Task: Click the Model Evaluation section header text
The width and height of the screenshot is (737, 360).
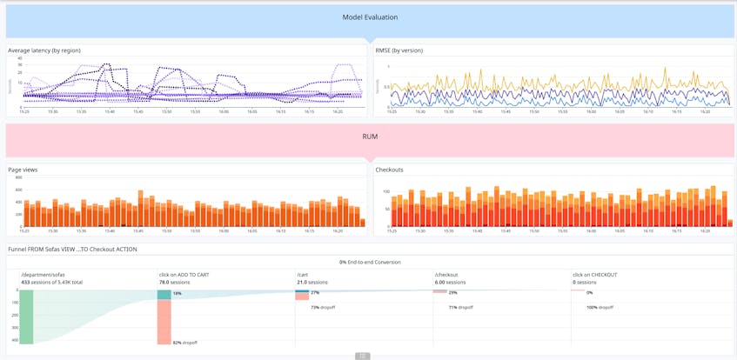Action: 370,17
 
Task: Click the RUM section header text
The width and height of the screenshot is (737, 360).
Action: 370,137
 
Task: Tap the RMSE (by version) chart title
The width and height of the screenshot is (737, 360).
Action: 399,50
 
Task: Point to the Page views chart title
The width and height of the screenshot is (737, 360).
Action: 23,170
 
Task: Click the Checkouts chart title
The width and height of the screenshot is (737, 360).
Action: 389,170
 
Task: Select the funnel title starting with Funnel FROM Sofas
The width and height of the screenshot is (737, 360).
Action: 72,250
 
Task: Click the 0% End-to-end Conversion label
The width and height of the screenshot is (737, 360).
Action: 370,262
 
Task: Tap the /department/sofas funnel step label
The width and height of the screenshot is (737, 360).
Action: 43,275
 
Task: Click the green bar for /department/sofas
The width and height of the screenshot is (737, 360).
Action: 26,317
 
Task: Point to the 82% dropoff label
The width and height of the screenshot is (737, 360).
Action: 184,343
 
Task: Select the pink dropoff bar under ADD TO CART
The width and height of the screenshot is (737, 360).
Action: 164,322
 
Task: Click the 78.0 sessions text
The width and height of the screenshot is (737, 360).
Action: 174,283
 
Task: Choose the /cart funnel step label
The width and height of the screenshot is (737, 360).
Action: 302,275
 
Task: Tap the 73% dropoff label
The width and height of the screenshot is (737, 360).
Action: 323,307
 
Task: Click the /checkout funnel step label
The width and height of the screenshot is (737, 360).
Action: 446,275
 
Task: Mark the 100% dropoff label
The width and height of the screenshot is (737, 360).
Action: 600,307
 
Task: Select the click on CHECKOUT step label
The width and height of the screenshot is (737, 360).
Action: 594,275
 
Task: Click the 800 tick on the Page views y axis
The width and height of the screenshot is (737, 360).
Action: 18,177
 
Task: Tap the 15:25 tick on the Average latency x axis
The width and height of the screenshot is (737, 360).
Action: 24,111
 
